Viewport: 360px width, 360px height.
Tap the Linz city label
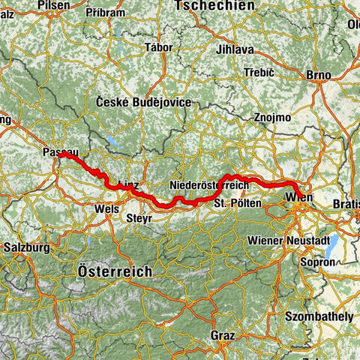[128, 184]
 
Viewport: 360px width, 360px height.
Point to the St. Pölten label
[237, 203]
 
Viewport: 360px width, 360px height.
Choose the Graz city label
[224, 334]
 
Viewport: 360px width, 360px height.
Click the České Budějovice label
[144, 102]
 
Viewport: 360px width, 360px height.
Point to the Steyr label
[140, 217]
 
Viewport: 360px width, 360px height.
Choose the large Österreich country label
[115, 271]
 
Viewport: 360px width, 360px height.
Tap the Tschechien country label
[213, 6]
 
